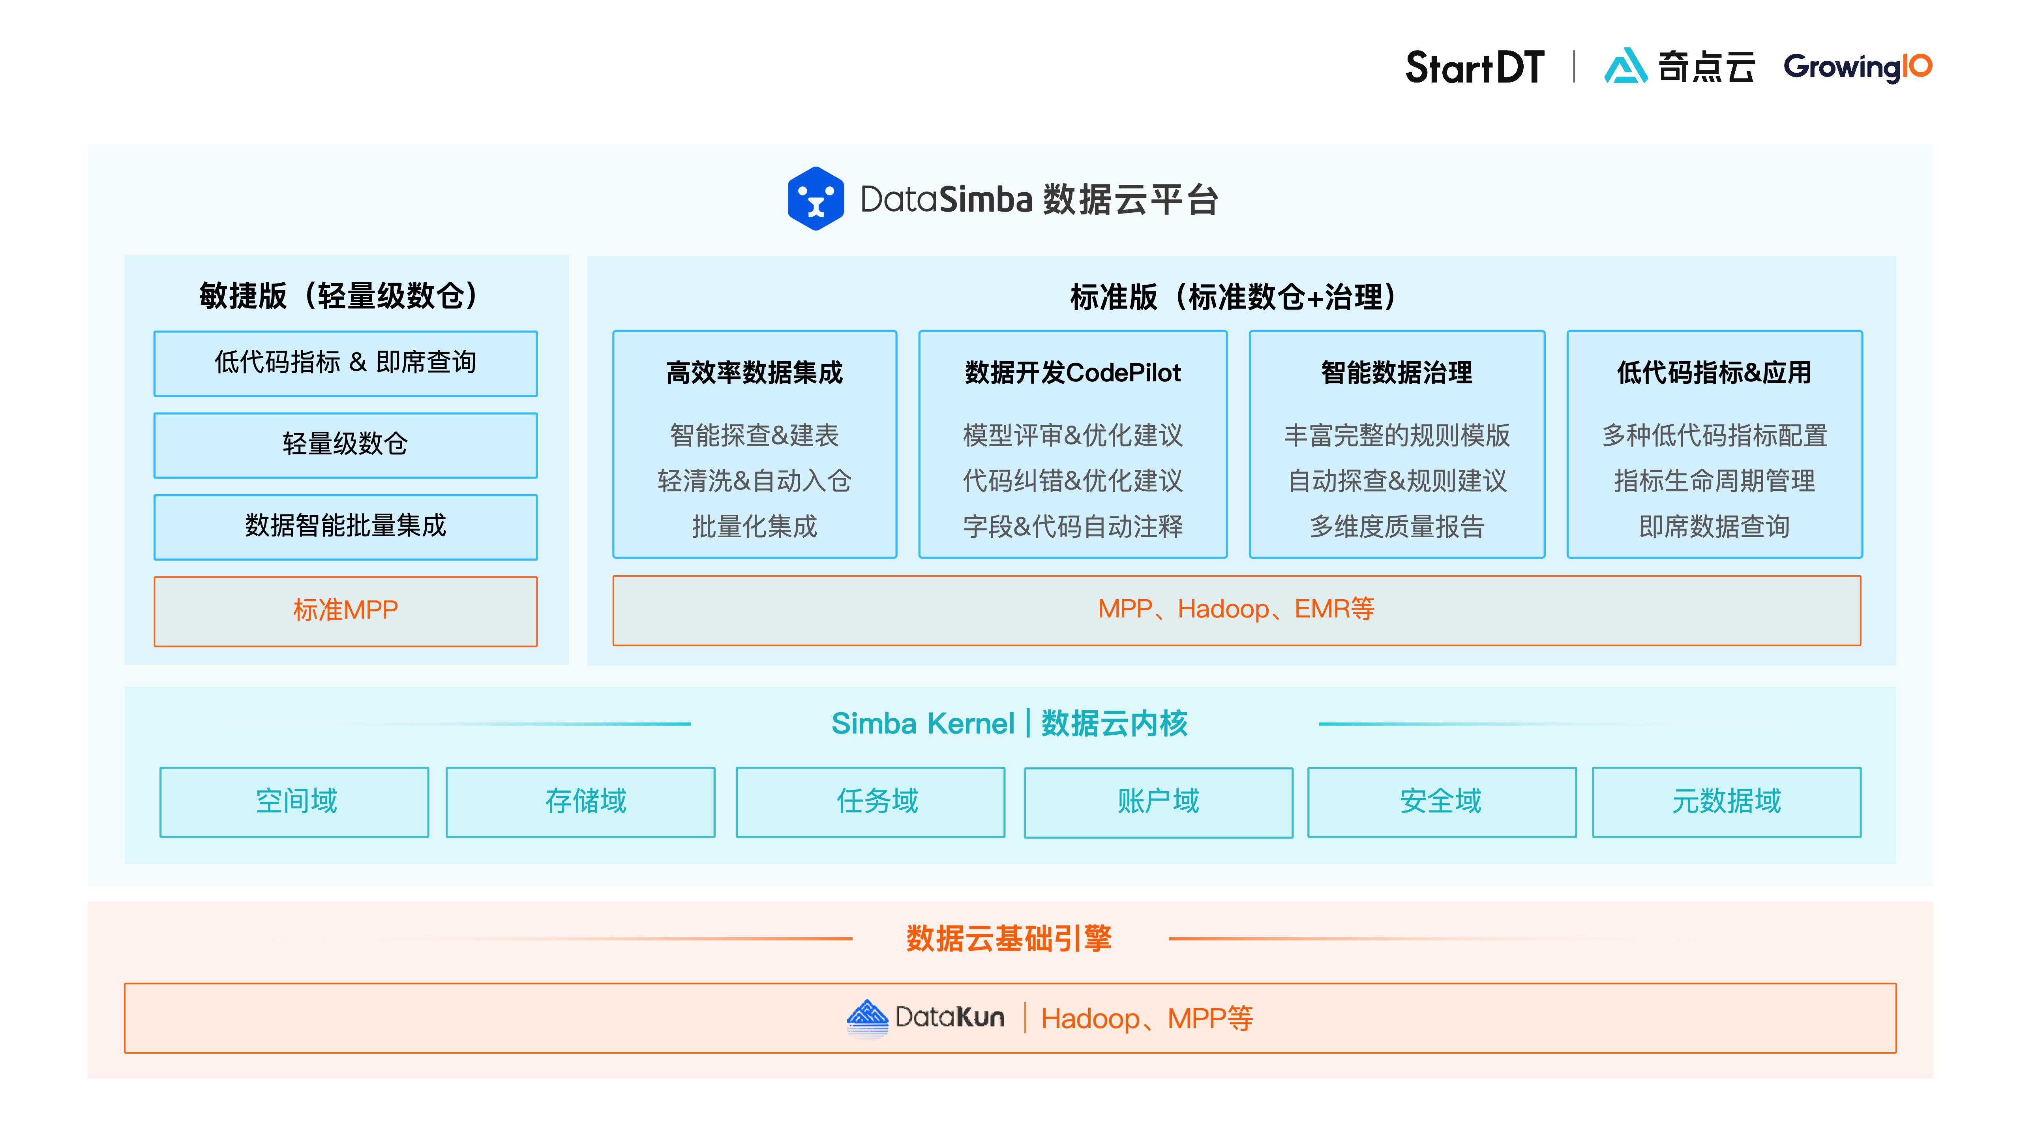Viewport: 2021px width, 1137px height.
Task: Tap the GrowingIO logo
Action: (1857, 68)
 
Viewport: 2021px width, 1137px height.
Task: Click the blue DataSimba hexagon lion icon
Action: (815, 199)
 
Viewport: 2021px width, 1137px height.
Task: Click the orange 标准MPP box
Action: (345, 610)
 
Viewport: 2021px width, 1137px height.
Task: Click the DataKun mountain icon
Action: (867, 1018)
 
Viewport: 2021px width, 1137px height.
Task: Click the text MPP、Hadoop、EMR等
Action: (1235, 609)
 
